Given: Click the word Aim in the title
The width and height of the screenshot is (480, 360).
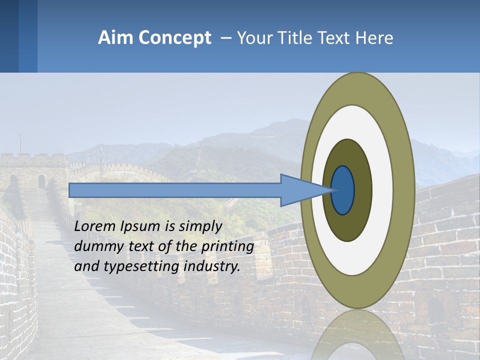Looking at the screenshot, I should tap(116, 38).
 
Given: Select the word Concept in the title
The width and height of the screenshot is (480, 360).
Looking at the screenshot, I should tap(174, 38).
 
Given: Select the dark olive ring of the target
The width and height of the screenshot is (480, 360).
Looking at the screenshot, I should tap(362, 190).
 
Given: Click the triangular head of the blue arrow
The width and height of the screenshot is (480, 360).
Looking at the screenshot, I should tap(300, 190).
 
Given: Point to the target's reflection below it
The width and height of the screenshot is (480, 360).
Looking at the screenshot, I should tap(358, 335).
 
